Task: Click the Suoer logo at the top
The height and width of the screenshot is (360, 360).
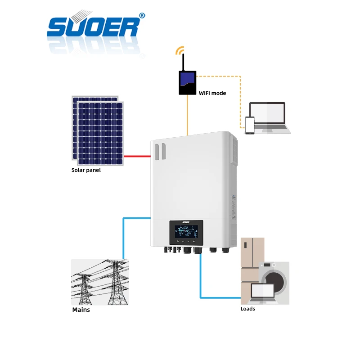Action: pos(92,27)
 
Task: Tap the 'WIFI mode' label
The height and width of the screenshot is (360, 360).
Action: pos(212,93)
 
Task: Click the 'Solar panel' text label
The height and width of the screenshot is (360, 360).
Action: pos(86,170)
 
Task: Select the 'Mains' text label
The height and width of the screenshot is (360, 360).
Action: pos(81,310)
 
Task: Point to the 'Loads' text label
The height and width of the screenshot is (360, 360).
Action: pos(247,309)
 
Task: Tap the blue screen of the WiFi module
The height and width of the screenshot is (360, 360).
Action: pos(187,80)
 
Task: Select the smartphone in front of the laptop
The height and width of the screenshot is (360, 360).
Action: pos(250,125)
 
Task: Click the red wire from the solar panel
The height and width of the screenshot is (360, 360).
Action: pos(137,156)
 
